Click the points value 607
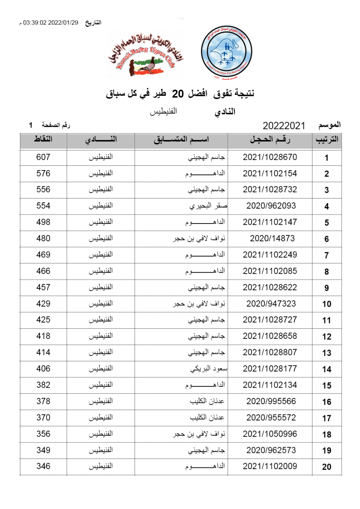tap(43, 157)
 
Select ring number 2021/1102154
tap(270, 173)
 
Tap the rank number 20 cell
tap(326, 467)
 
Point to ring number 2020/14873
tap(272, 238)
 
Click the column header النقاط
tap(43, 140)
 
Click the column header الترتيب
tap(326, 141)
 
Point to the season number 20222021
tap(284, 126)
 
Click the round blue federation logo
tap(228, 53)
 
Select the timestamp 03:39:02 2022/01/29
tap(51, 22)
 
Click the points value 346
tap(43, 467)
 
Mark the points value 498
tap(43, 222)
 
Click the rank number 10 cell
tap(326, 304)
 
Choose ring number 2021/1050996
tap(270, 434)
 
